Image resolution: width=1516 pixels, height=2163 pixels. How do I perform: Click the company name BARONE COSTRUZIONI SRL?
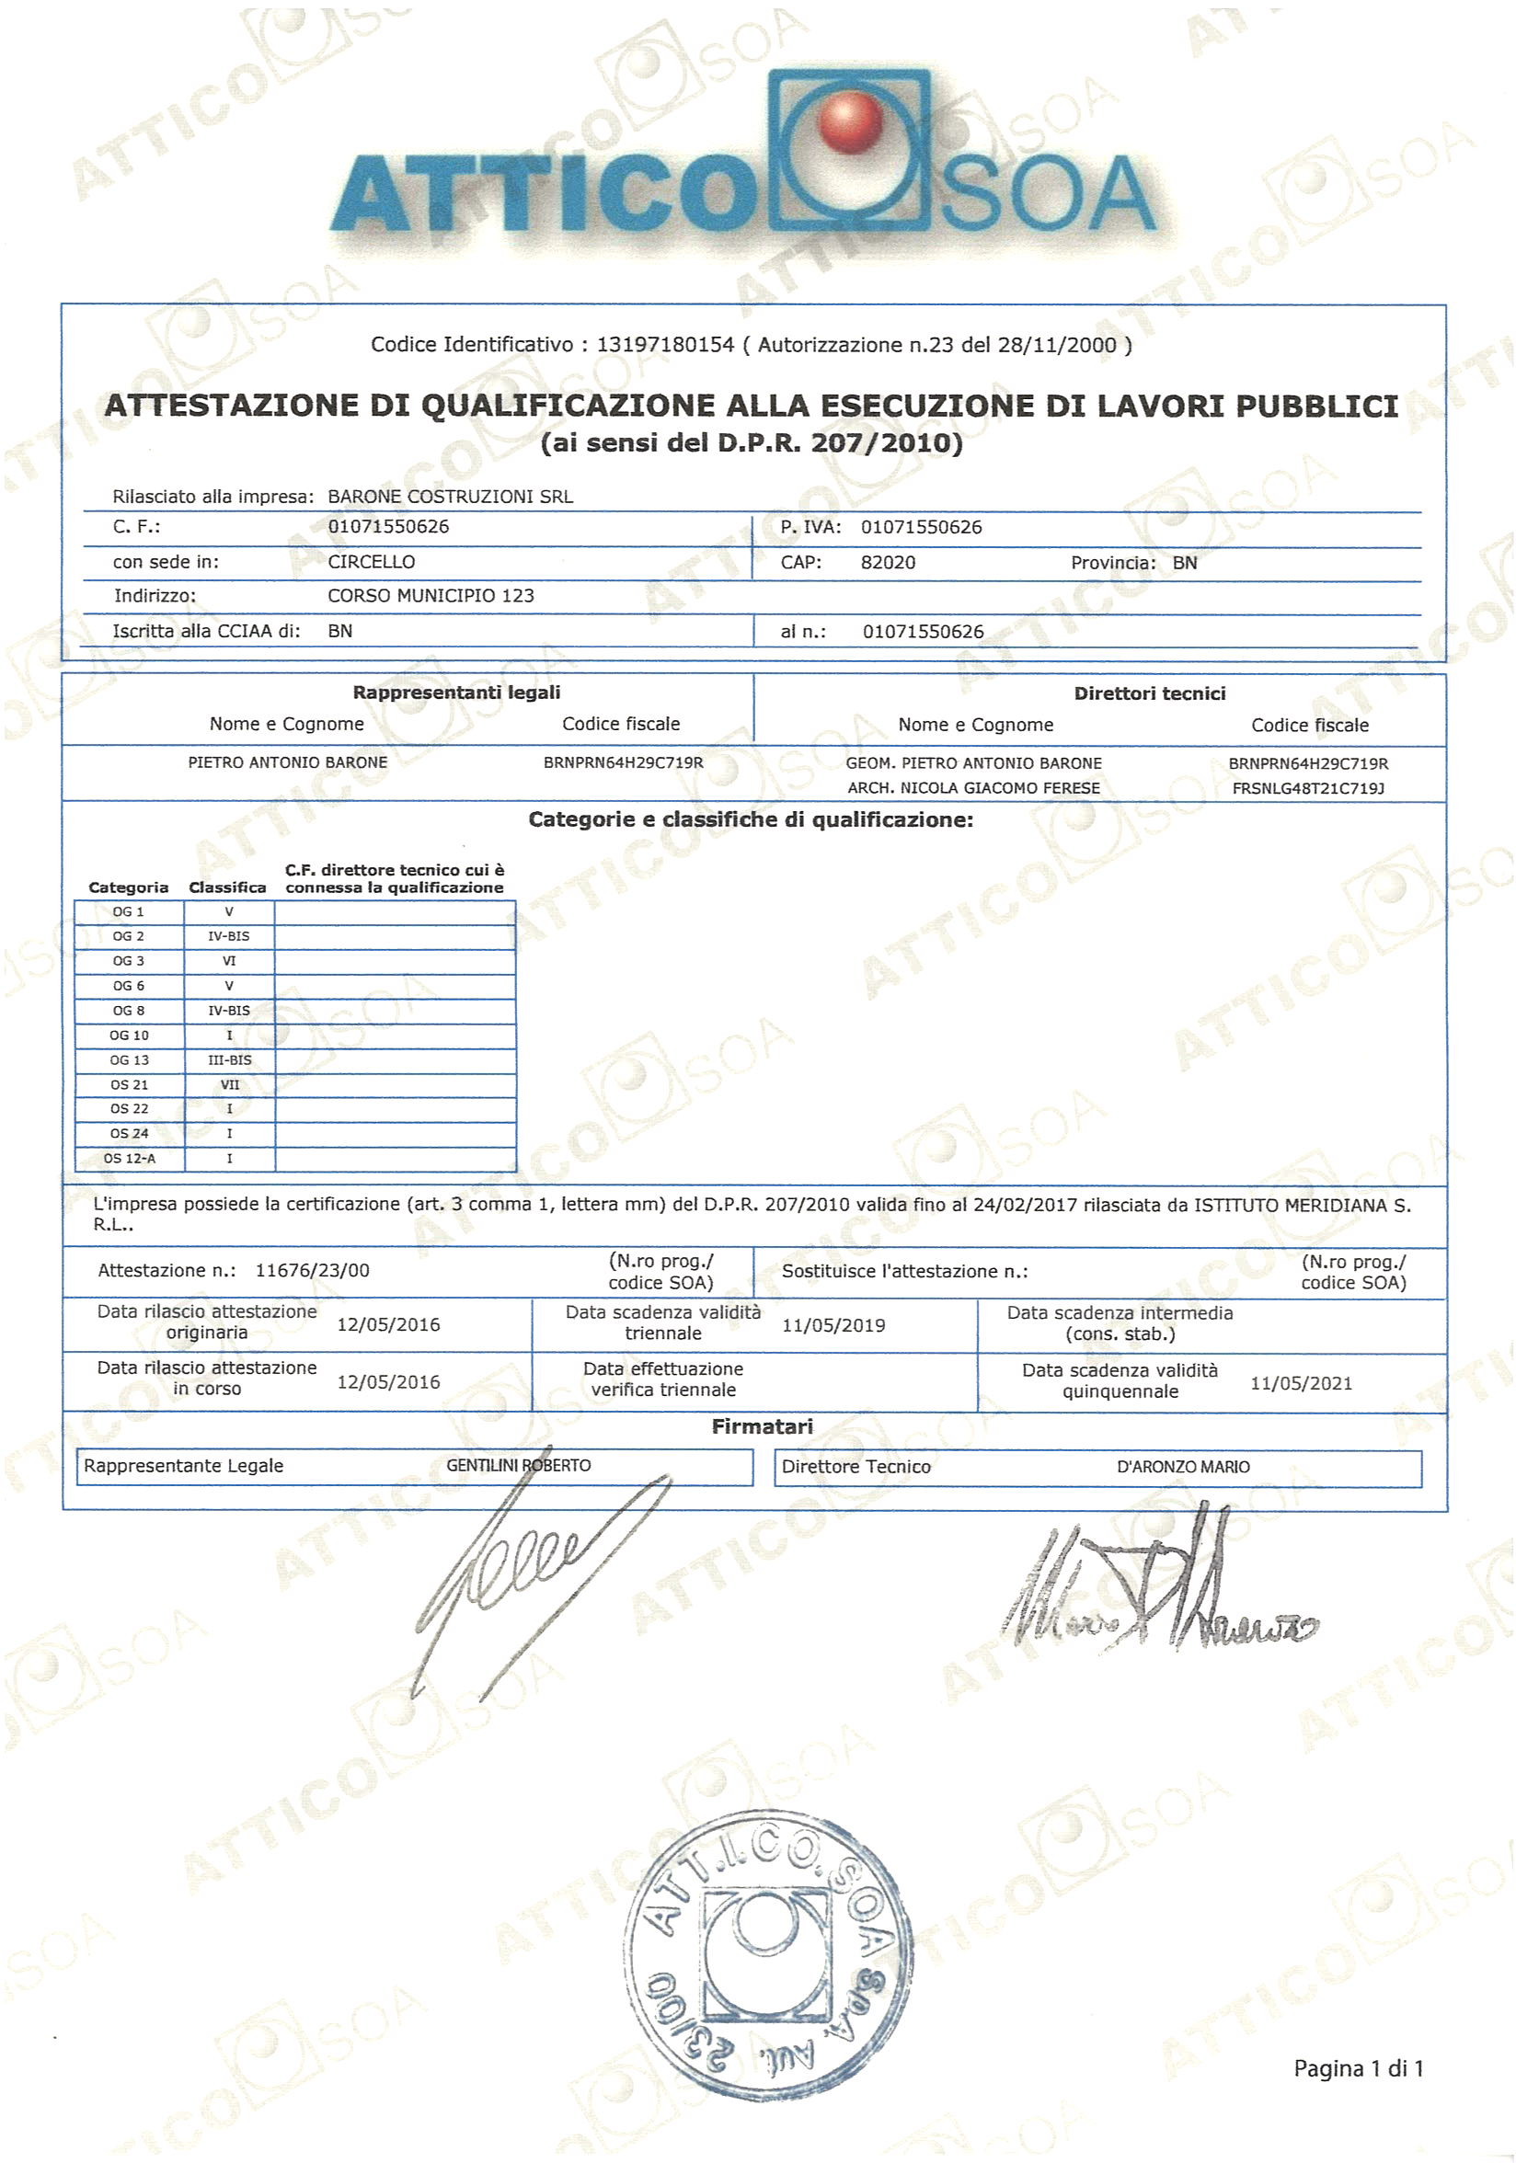point(450,497)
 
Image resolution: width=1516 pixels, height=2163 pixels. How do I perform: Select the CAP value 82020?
point(888,563)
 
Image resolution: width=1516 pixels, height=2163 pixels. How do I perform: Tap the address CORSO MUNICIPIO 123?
point(431,595)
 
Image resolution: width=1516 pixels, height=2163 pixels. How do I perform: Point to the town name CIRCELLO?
point(372,562)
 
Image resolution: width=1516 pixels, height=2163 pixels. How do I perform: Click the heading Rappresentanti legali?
point(456,692)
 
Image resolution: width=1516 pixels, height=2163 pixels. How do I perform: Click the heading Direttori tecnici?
point(1150,693)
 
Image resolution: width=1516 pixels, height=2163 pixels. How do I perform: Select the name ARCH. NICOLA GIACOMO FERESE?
point(973,787)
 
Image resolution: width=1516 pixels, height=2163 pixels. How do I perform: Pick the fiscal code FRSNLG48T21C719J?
point(1308,788)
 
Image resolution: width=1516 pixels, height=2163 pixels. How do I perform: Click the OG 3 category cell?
point(128,961)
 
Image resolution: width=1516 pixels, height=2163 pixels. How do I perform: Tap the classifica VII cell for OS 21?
point(230,1084)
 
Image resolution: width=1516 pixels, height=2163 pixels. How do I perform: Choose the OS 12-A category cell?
point(129,1158)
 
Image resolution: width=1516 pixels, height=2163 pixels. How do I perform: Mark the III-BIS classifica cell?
point(230,1059)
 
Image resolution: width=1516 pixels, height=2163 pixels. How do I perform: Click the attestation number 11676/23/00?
point(313,1270)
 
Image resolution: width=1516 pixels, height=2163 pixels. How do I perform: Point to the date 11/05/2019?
point(833,1324)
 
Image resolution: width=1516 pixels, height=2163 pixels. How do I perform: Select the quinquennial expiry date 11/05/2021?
point(1300,1383)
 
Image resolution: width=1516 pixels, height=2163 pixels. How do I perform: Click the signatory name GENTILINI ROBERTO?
point(518,1465)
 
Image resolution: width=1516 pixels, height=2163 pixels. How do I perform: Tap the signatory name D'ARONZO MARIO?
point(1182,1467)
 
